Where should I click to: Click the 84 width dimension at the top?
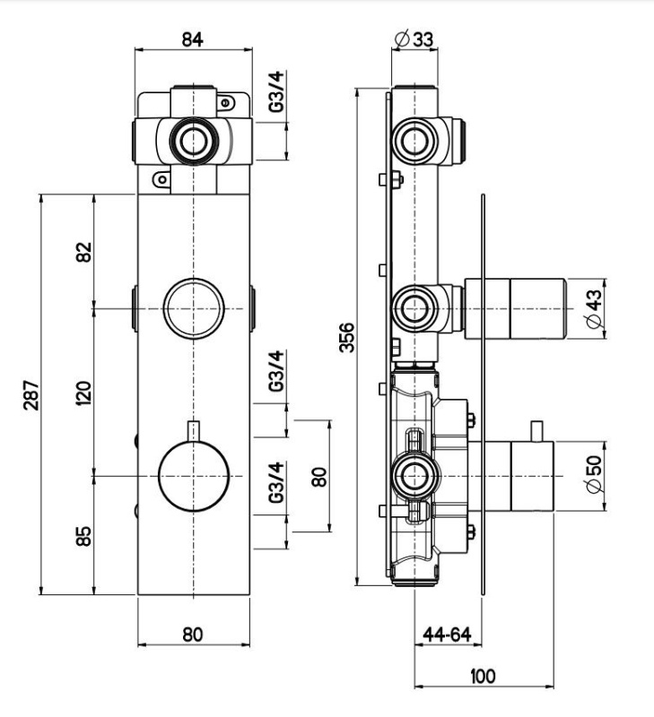192,39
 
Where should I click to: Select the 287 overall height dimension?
32,394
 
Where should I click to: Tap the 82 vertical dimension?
83,252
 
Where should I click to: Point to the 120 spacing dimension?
83,393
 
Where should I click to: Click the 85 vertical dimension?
83,536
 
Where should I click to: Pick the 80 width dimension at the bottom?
192,635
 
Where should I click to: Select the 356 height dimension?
347,338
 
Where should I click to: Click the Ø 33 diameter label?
414,39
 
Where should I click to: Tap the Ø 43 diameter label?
594,308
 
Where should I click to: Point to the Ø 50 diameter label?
594,474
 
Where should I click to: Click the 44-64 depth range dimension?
447,635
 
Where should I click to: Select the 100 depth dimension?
483,676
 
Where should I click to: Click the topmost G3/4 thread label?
276,91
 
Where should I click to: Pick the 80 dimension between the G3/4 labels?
319,477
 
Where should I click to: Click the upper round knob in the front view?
194,308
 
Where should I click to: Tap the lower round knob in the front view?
194,476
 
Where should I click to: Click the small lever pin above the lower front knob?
194,431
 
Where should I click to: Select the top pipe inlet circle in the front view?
194,141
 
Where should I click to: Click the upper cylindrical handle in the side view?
516,308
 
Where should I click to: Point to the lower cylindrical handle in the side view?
511,476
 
